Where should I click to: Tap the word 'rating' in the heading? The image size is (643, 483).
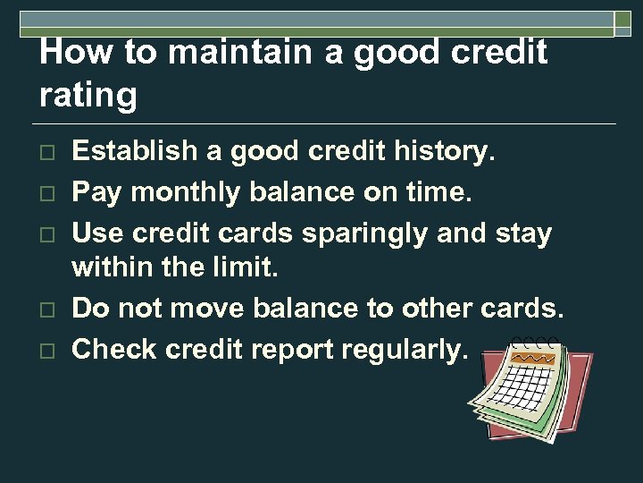click(x=88, y=95)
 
